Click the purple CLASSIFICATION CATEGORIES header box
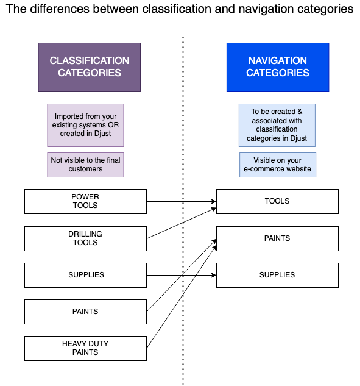pos(89,67)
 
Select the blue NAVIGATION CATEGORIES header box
pos(278,67)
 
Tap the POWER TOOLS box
pos(85,201)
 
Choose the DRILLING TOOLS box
pos(85,238)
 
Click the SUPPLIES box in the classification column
pos(85,275)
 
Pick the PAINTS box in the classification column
pos(85,312)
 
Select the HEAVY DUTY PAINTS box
pos(85,348)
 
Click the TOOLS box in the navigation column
pos(277,201)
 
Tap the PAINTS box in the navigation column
pos(277,238)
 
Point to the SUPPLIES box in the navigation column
pos(277,275)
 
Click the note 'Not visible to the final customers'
pos(85,165)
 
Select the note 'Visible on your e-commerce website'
pos(278,165)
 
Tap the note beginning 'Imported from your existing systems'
pos(85,125)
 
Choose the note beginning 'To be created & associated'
pos(278,125)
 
